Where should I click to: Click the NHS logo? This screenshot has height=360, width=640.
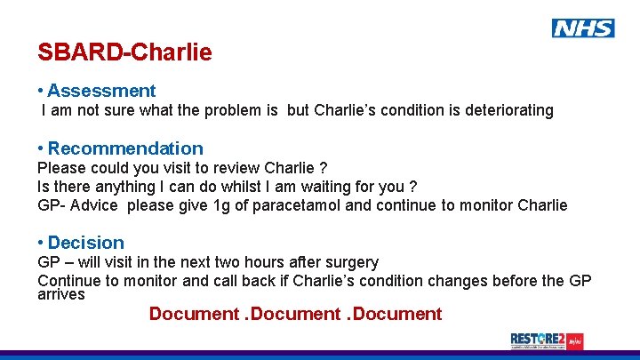pos(583,28)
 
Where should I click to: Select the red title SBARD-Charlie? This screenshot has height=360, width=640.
pos(124,52)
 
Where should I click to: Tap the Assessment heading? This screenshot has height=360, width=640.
pos(101,91)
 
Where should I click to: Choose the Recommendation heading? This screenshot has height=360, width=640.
pos(125,148)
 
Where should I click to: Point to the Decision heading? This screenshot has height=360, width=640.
pos(86,243)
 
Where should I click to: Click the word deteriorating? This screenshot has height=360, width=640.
pos(507,111)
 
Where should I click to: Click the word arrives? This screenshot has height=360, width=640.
pos(60,294)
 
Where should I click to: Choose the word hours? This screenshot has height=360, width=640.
pos(287,262)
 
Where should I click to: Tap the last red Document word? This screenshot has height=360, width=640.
pos(398,314)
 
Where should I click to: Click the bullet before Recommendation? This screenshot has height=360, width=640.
pos(41,148)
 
